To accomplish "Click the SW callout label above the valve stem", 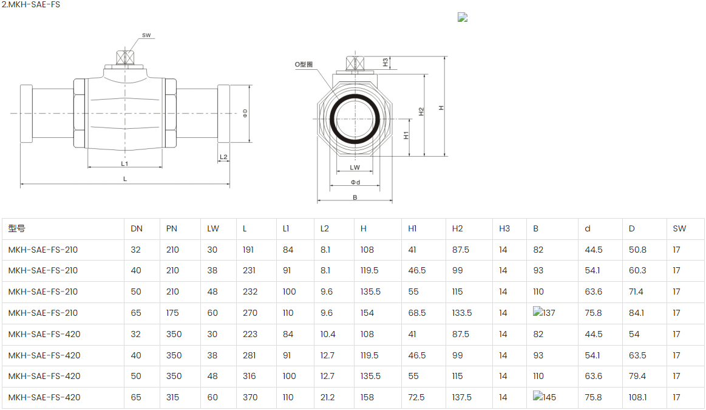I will pyautogui.click(x=146, y=35).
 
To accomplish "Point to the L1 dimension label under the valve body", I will pyautogui.click(x=124, y=163).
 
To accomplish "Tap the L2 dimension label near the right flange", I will pyautogui.click(x=223, y=157).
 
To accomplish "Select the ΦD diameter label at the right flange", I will pyautogui.click(x=245, y=113).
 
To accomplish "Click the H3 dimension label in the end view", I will pyautogui.click(x=385, y=62).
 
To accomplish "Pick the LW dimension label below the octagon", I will pyautogui.click(x=355, y=168).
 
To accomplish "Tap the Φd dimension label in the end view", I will pyautogui.click(x=355, y=182).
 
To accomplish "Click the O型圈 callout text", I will pyautogui.click(x=304, y=64).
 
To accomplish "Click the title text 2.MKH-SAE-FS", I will pyautogui.click(x=30, y=5).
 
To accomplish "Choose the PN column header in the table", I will pyautogui.click(x=172, y=229).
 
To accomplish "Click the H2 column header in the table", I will pyautogui.click(x=458, y=229).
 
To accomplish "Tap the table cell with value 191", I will pyautogui.click(x=249, y=250).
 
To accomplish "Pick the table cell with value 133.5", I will pyautogui.click(x=462, y=313).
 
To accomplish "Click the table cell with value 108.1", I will pyautogui.click(x=637, y=397).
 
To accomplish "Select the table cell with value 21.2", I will pyautogui.click(x=328, y=397).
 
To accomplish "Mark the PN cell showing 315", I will pyautogui.click(x=173, y=397).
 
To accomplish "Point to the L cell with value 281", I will pyautogui.click(x=249, y=355).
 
